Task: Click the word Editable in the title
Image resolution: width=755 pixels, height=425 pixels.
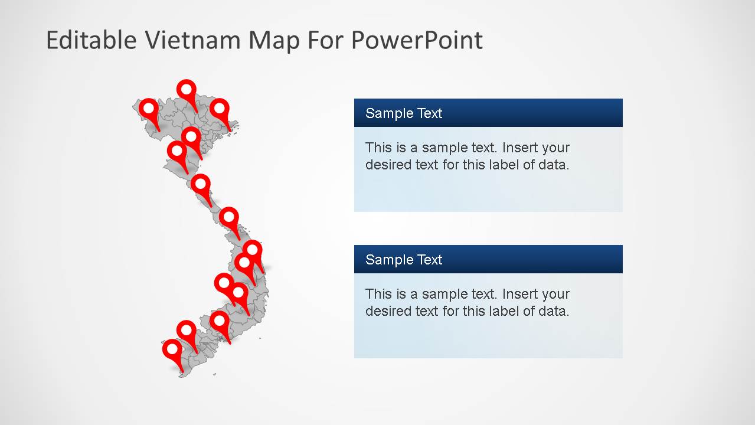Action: click(x=91, y=40)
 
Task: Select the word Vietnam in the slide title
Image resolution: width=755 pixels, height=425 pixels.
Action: click(x=192, y=40)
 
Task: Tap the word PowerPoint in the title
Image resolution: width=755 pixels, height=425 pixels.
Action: click(x=417, y=40)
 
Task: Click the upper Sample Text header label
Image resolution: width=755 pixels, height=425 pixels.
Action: click(x=404, y=113)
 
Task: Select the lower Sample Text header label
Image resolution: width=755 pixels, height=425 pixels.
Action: click(x=404, y=260)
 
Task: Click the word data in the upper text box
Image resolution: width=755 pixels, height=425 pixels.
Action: click(x=553, y=165)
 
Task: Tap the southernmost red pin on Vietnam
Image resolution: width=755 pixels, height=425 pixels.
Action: click(x=172, y=350)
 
